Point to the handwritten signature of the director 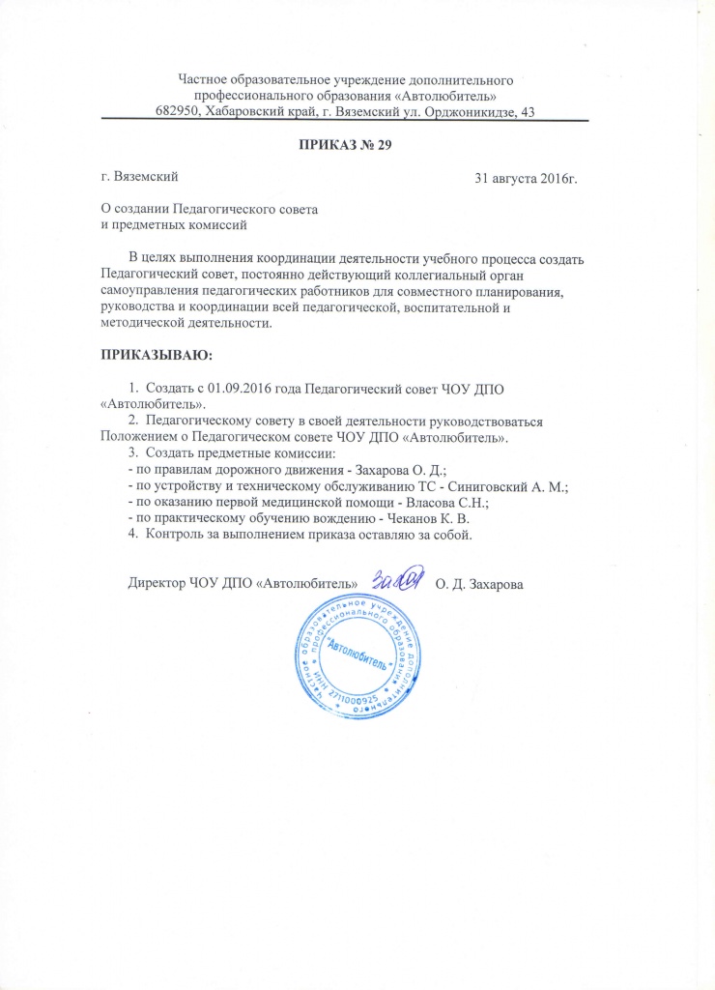tap(397, 578)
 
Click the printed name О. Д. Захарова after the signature tap(479, 584)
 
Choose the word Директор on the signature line tap(157, 584)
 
